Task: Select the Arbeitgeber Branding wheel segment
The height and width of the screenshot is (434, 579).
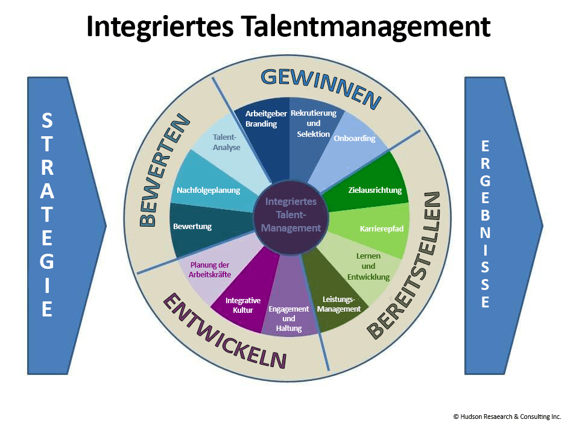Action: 262,124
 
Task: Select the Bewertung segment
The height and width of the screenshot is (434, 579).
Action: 193,228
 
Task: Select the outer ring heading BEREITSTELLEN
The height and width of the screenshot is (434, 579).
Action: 410,265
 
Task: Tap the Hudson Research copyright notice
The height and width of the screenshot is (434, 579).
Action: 507,417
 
